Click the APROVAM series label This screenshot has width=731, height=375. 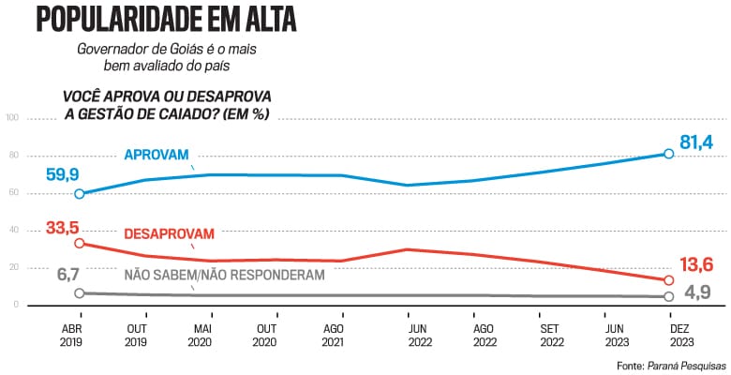156,155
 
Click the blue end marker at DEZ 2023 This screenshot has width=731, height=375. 669,154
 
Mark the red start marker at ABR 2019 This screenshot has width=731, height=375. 80,243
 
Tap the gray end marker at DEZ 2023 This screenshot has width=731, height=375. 669,296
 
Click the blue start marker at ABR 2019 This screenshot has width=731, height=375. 80,193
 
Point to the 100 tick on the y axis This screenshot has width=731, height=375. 12,118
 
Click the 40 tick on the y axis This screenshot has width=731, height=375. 12,231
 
